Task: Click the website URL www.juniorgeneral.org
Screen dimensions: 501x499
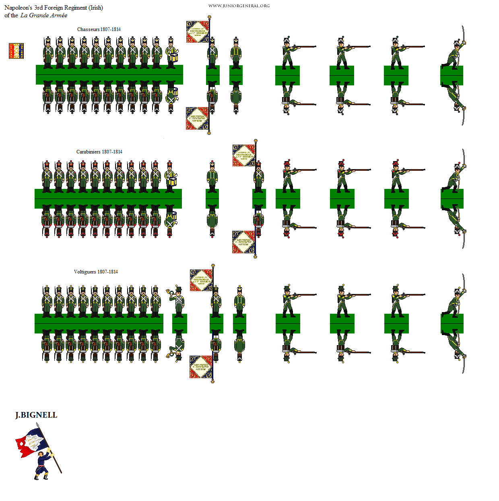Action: pyautogui.click(x=239, y=6)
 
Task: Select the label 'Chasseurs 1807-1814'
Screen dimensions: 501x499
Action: pyautogui.click(x=99, y=29)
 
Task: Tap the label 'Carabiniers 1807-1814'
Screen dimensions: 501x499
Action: pyautogui.click(x=99, y=152)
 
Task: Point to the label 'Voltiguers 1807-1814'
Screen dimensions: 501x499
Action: pyautogui.click(x=96, y=272)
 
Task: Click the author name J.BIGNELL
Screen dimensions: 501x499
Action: pyautogui.click(x=36, y=415)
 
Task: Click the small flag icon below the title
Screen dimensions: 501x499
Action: pyautogui.click(x=16, y=51)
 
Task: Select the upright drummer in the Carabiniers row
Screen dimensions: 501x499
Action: pyautogui.click(x=170, y=176)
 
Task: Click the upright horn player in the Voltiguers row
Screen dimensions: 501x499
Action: pyautogui.click(x=177, y=300)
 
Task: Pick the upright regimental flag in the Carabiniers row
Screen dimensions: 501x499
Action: pyautogui.click(x=243, y=155)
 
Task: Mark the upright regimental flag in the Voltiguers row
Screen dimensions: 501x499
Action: pyautogui.click(x=201, y=280)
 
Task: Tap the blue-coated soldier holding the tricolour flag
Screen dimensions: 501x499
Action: pyautogui.click(x=42, y=465)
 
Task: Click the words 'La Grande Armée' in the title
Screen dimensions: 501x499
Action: pyautogui.click(x=44, y=15)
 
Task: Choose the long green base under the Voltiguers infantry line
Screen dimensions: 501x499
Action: pyautogui.click(x=99, y=323)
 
